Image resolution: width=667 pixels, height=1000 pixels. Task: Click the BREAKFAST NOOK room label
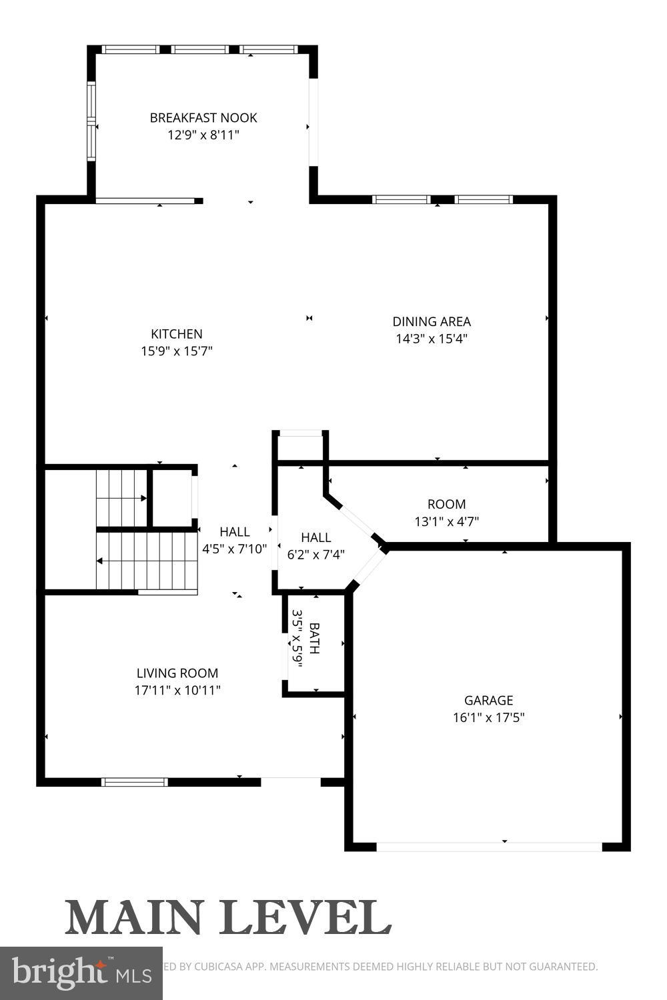click(203, 118)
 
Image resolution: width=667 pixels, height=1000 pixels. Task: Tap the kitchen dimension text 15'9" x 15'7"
click(176, 351)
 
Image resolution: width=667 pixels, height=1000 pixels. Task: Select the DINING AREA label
click(432, 321)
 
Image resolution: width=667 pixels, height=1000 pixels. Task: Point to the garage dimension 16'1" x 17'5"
click(488, 718)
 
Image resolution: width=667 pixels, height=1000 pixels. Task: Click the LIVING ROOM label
click(177, 673)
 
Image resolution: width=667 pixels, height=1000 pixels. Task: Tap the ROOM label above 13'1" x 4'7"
click(446, 504)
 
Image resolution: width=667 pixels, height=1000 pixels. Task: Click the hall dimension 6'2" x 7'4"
click(315, 554)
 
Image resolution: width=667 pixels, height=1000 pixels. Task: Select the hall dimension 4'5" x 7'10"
click(235, 549)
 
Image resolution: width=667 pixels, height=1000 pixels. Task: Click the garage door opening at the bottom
click(489, 847)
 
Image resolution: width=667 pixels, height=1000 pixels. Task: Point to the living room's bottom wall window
click(134, 782)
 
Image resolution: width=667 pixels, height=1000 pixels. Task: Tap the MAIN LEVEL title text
click(228, 918)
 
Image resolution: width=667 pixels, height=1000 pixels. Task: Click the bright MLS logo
click(81, 973)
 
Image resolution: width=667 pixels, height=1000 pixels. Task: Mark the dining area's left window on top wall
click(401, 199)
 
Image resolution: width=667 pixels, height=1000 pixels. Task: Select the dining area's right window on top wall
click(483, 199)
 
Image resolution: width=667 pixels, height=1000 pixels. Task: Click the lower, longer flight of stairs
click(147, 561)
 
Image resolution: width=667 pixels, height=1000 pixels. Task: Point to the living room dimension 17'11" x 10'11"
click(177, 691)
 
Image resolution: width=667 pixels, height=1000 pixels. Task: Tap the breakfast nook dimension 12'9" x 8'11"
click(203, 135)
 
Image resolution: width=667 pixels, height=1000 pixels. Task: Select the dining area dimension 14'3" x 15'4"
click(432, 339)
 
